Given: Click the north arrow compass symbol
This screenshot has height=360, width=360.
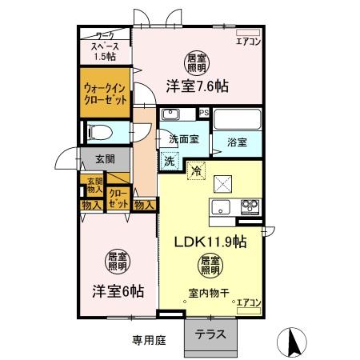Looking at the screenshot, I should [293, 342].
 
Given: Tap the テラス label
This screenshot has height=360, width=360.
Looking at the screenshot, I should [210, 335].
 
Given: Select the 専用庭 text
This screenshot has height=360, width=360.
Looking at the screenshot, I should [149, 340].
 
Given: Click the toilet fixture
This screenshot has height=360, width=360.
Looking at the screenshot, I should [101, 131].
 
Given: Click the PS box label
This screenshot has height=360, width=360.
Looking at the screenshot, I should [204, 113].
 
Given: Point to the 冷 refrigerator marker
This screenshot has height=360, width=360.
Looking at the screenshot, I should [195, 169].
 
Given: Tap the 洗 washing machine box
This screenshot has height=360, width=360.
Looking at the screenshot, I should [170, 160].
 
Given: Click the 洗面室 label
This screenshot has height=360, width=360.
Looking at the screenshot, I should [183, 140].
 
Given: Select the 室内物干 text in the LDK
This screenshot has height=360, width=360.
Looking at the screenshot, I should [210, 293].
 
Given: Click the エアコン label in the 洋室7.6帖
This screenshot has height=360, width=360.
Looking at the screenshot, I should [250, 42].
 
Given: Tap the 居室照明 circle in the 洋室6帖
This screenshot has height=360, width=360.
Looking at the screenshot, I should [118, 261].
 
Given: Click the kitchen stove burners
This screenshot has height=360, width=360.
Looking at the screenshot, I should [251, 207].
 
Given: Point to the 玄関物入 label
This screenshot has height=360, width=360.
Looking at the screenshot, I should [94, 186].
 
